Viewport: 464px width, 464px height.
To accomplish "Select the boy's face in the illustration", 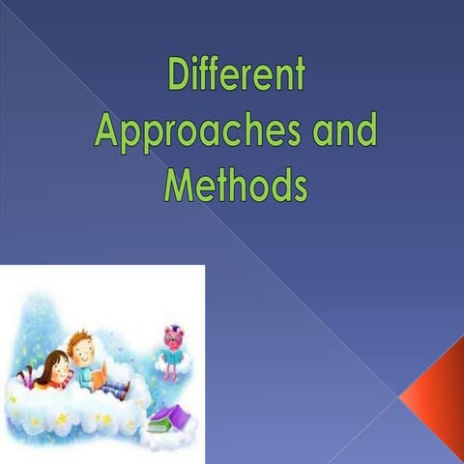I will (84, 351).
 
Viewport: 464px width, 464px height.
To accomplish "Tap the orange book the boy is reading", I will (98, 371).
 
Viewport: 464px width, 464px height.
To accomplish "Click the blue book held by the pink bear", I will (174, 354).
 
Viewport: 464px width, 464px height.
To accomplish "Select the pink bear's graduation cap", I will (174, 330).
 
